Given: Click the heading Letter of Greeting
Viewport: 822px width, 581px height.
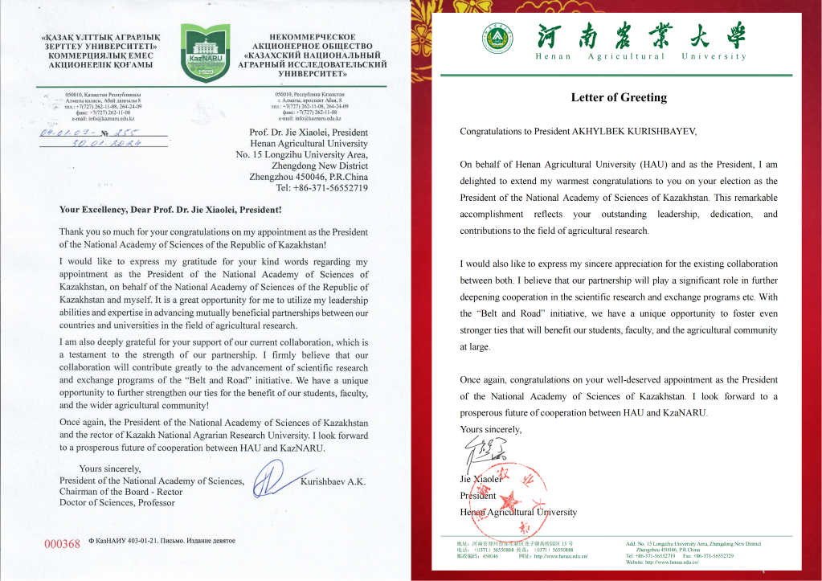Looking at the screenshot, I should pos(619,98).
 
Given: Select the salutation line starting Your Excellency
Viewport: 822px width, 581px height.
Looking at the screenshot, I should pos(170,210).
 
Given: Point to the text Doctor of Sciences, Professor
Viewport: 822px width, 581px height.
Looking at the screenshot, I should pos(117,503).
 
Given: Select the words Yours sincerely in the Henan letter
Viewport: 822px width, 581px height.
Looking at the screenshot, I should pos(490,430).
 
